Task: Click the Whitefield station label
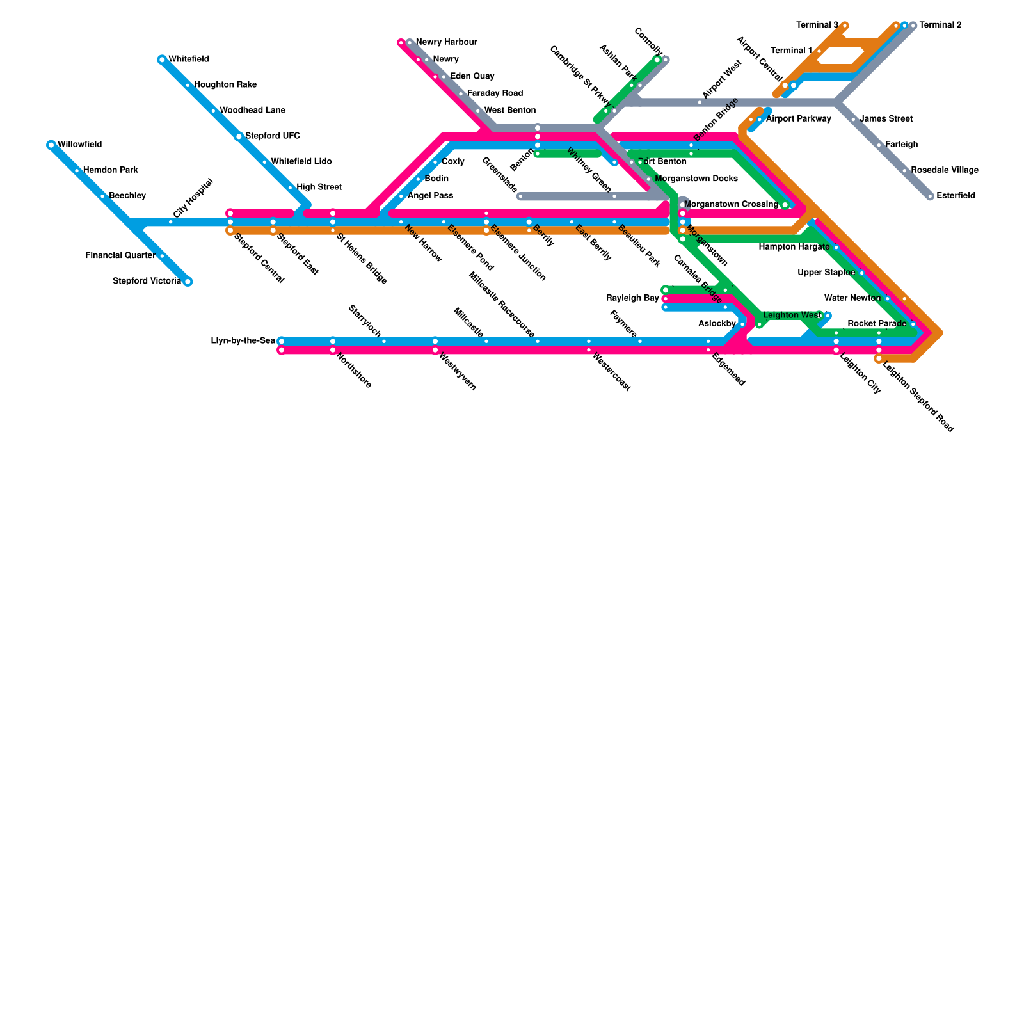pos(189,60)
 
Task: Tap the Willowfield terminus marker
pos(51,145)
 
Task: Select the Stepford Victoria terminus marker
pos(188,282)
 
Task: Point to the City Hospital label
pos(193,198)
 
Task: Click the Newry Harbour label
pos(447,42)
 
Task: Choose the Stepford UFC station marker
pos(239,136)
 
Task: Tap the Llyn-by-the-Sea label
pos(243,340)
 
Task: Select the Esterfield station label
pos(956,196)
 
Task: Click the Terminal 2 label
pos(940,26)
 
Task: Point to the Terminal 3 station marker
pos(845,26)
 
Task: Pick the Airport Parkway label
pos(798,119)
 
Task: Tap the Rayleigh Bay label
pos(633,298)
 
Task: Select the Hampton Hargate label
pos(794,247)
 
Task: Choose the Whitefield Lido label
pos(301,162)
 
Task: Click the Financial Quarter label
pos(120,256)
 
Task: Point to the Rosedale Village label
pos(945,170)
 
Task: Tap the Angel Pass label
pos(430,196)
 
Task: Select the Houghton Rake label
pos(225,85)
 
